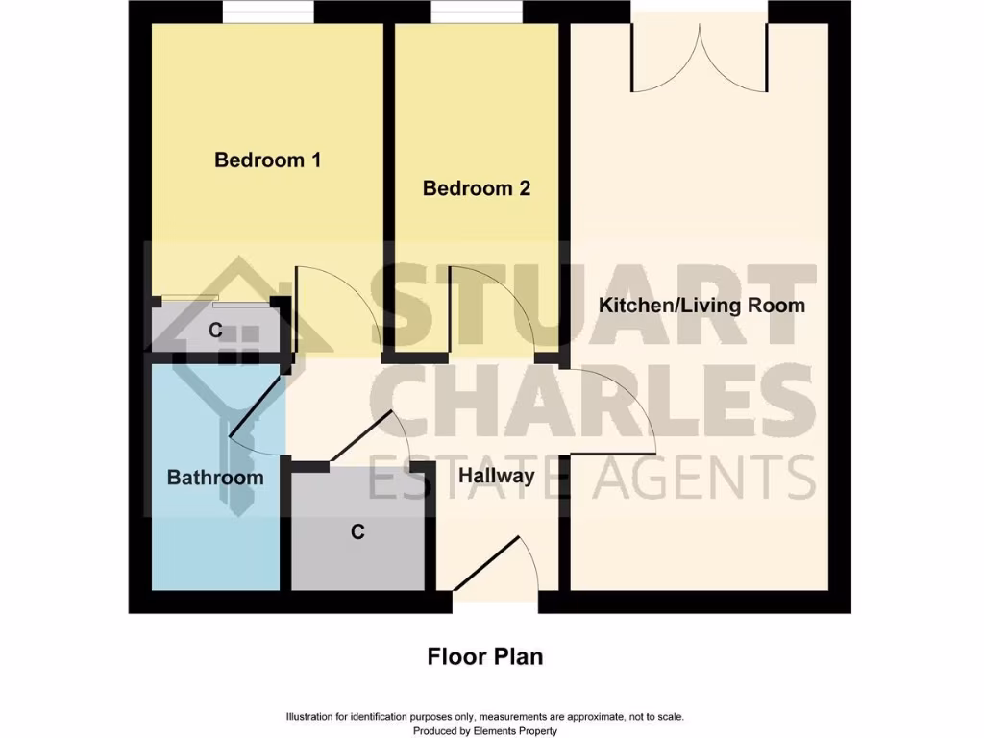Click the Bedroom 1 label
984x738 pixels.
(267, 160)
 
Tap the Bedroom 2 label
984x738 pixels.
(477, 188)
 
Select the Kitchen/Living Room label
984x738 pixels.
(701, 306)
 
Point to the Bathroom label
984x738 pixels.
(215, 478)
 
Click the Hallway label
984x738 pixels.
(496, 476)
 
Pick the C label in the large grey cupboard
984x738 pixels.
(357, 531)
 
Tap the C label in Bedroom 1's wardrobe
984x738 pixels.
(216, 331)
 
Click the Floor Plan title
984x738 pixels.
(485, 657)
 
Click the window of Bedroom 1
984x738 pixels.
(268, 12)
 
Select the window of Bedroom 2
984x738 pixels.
(477, 12)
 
